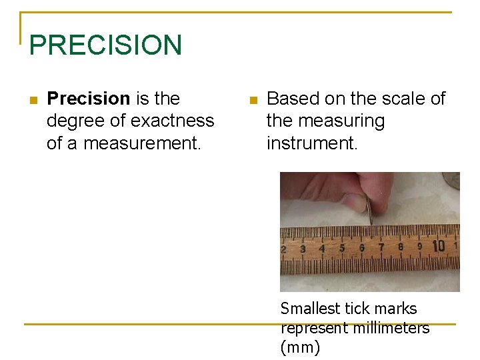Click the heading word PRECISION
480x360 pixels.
click(105, 45)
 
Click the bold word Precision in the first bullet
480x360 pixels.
click(89, 99)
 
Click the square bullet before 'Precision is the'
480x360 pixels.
click(33, 100)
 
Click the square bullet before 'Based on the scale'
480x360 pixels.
click(252, 100)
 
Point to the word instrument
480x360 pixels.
click(311, 143)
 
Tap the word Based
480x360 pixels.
click(293, 99)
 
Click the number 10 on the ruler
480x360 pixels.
click(438, 246)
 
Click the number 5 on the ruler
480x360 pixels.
click(342, 248)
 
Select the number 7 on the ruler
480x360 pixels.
click(381, 247)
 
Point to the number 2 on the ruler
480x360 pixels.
click(284, 249)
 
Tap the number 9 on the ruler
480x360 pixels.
click(420, 246)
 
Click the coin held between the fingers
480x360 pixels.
click(369, 211)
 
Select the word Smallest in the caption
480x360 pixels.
click(311, 309)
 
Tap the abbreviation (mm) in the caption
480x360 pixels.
click(300, 347)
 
